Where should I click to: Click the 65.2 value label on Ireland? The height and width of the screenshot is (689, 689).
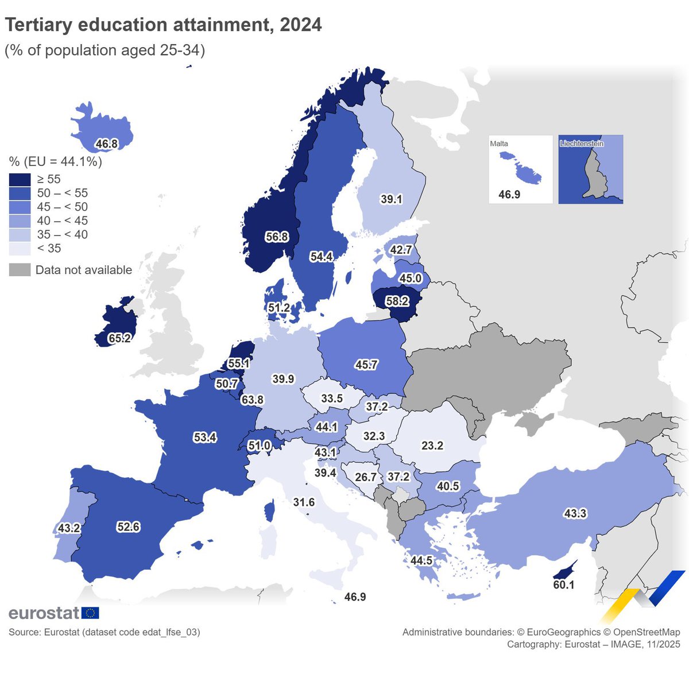119,338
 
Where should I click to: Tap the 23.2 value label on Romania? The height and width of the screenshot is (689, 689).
432,446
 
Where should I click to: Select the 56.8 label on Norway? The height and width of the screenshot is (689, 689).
277,237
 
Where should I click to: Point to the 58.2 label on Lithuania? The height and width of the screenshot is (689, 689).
397,301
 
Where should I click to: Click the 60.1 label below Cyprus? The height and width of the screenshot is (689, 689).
563,585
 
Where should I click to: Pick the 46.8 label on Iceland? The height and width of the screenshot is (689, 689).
107,144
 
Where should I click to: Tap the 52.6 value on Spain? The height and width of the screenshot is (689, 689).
128,527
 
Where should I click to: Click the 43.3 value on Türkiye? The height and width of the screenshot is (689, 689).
575,513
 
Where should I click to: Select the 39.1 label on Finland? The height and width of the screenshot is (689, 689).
391,199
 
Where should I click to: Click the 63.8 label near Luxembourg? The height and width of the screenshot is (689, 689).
252,400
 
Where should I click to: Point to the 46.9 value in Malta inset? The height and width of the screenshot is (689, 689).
509,195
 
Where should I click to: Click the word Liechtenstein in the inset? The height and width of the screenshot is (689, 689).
582,144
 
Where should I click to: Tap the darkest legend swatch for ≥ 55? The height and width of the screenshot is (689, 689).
20,180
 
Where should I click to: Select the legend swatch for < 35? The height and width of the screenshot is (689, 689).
20,249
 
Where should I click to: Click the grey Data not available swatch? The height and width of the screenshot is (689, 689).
20,270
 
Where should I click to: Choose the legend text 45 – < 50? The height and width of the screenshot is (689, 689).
62,207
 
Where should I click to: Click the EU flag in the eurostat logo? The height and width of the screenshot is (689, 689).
90,613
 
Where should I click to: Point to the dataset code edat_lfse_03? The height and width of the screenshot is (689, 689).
170,632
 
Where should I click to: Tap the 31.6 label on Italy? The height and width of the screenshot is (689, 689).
304,502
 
